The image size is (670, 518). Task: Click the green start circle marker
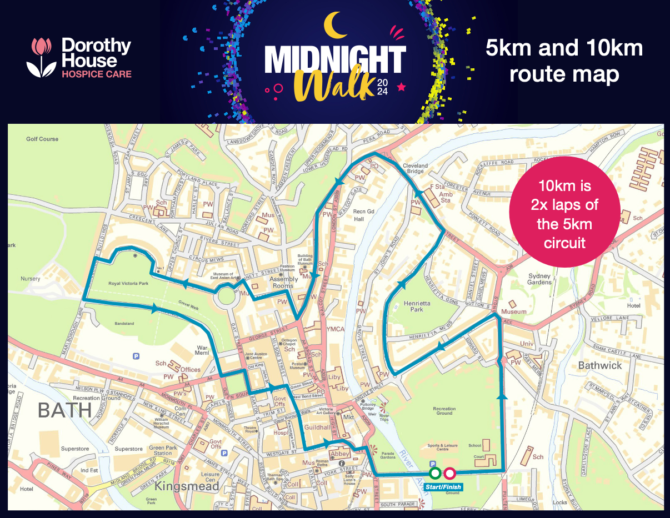tap(436, 474)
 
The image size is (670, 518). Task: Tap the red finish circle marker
tap(449, 474)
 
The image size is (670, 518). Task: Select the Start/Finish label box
tap(443, 486)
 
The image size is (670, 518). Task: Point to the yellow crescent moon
tap(335, 26)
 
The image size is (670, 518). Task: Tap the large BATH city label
tap(64, 410)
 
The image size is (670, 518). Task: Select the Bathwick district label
tap(600, 365)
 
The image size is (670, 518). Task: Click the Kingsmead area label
tap(187, 486)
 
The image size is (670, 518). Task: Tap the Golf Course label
tap(42, 139)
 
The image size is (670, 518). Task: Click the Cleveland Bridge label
tap(415, 169)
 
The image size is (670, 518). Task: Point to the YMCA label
tap(335, 329)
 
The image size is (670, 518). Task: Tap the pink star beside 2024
tap(402, 87)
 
